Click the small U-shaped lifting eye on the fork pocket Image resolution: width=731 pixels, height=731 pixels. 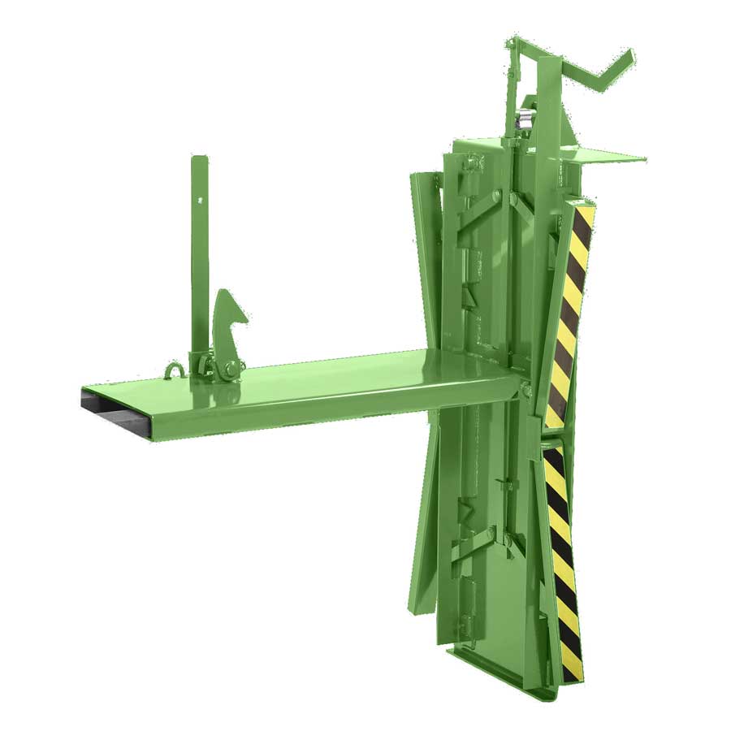tap(172, 372)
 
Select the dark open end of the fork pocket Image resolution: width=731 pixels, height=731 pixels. tap(114, 410)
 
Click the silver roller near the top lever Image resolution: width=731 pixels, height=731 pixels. tap(523, 120)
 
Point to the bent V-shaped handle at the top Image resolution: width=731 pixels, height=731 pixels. tap(601, 69)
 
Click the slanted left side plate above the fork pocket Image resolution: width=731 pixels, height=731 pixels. tap(426, 260)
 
